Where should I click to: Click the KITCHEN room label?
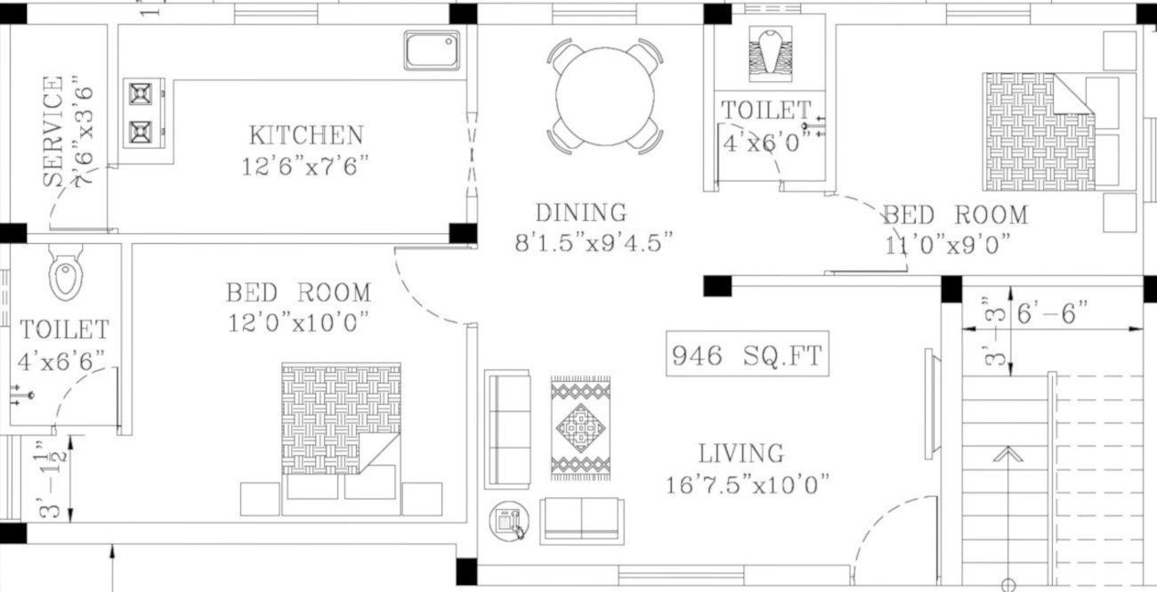coord(305,135)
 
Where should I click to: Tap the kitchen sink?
coord(433,50)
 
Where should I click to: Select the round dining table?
coord(605,96)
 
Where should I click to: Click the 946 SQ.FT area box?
coord(748,355)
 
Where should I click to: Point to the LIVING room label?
coord(740,453)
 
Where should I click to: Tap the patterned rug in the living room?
coord(580,428)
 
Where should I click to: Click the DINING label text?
coord(580,213)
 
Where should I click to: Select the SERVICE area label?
coord(54,131)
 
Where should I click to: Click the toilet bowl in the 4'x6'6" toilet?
coord(66,273)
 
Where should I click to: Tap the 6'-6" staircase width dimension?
coord(1052,313)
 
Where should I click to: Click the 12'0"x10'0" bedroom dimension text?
coord(297,322)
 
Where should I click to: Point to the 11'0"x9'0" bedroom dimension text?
coord(948,244)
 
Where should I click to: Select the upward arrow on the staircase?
coord(1007,455)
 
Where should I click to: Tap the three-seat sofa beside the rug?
coord(507,429)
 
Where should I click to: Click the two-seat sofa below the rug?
coord(582,520)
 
